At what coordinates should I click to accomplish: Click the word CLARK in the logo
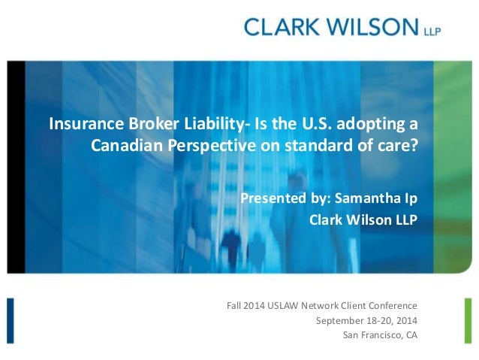click(x=281, y=29)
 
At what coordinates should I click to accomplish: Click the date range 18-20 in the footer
click(x=373, y=320)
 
